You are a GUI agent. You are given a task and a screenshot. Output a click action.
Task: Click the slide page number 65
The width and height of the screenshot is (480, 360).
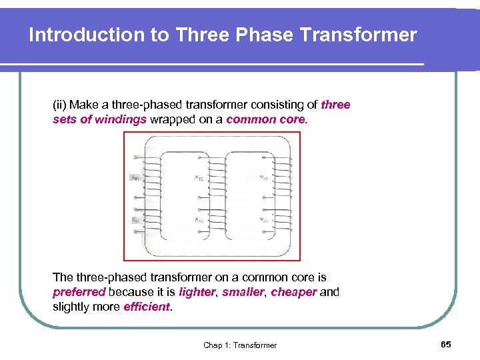click(x=446, y=344)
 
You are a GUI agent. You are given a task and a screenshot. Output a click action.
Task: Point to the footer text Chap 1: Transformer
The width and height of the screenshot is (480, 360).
click(x=240, y=345)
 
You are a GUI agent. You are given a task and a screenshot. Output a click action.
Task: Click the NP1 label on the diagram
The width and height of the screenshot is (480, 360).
click(x=135, y=178)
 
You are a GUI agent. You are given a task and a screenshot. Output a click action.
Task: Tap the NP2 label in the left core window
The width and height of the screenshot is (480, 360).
click(x=199, y=177)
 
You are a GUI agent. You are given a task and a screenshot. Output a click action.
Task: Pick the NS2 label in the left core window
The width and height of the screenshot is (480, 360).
click(x=199, y=220)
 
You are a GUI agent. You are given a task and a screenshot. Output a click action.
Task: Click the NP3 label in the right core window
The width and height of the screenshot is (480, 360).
click(x=264, y=177)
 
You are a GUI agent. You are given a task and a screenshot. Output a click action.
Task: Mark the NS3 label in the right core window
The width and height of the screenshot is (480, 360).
click(x=264, y=220)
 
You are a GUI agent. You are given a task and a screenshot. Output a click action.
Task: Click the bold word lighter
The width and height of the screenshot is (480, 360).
click(x=197, y=292)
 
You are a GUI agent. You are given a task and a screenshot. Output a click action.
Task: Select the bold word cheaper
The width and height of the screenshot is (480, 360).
click(x=294, y=292)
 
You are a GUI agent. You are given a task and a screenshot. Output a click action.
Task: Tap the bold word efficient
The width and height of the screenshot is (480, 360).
click(x=147, y=307)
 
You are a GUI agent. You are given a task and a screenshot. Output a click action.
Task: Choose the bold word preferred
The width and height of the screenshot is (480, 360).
click(x=79, y=292)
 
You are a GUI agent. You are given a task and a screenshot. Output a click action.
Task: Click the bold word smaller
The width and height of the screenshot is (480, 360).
click(x=243, y=292)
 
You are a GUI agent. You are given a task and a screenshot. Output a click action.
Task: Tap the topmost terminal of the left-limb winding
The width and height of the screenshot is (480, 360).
click(x=136, y=158)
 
